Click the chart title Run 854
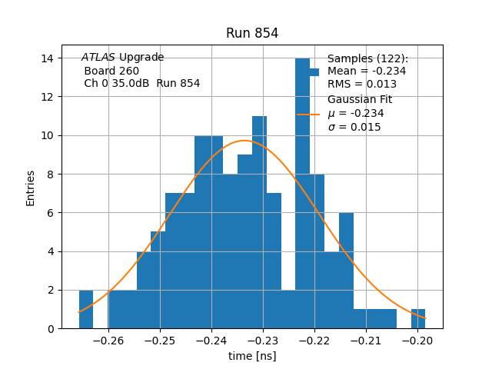tap(252, 33)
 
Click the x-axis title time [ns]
tap(252, 356)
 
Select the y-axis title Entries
tap(31, 188)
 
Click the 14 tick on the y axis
tap(48, 58)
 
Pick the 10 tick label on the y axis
tap(48, 135)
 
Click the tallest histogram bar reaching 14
tap(302, 192)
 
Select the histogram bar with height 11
tap(259, 223)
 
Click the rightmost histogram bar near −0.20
tap(418, 318)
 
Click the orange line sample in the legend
tap(308, 114)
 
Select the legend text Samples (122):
tap(367, 58)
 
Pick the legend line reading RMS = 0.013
tap(361, 84)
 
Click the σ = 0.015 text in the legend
tap(354, 127)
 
